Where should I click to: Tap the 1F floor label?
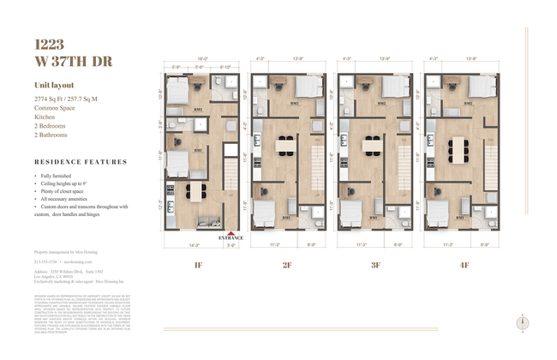pyautogui.click(x=199, y=265)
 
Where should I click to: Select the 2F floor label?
pyautogui.click(x=287, y=265)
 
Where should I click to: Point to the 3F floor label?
pyautogui.click(x=375, y=265)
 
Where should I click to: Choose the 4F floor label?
pyautogui.click(x=464, y=265)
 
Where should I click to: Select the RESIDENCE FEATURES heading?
pyautogui.click(x=81, y=161)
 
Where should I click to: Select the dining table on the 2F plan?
pyautogui.click(x=286, y=144)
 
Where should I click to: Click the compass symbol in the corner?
pyautogui.click(x=522, y=322)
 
